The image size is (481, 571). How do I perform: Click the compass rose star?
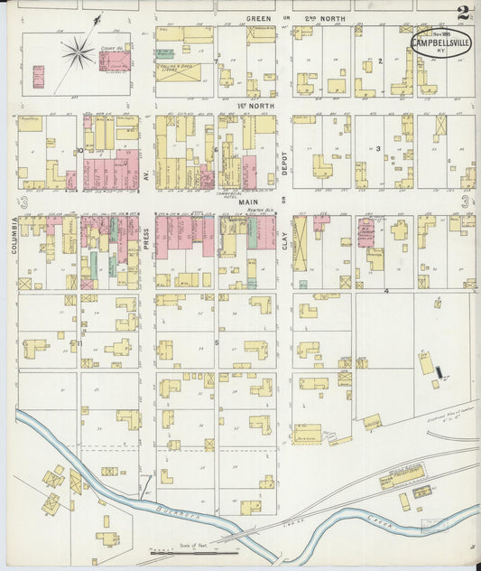[79, 51]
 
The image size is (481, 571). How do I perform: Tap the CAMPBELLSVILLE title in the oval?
[439, 42]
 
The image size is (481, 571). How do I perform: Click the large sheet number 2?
[463, 13]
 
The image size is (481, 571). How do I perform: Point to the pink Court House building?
[115, 61]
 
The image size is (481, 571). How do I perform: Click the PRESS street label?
[144, 239]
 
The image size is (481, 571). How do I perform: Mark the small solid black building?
[439, 371]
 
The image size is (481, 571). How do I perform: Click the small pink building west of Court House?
[38, 77]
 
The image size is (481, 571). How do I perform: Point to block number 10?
[80, 150]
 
